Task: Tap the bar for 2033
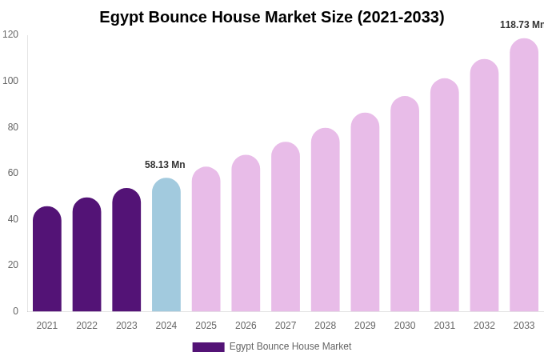524,175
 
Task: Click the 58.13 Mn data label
165,165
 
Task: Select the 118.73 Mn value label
522,25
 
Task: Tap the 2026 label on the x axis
246,326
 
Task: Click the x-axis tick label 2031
445,326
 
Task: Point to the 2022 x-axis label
86,326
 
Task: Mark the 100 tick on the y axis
10,81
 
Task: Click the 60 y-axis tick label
13,173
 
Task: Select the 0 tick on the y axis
15,311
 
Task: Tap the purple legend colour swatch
208,347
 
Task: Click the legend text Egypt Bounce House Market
290,346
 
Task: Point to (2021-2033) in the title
401,17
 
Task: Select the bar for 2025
206,239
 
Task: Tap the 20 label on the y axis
13,265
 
